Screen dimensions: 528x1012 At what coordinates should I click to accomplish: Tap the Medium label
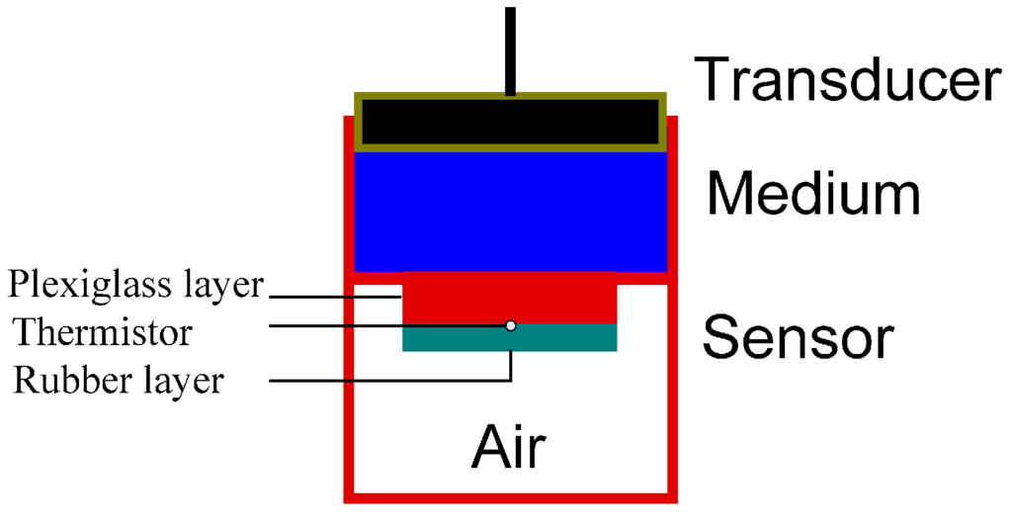click(812, 195)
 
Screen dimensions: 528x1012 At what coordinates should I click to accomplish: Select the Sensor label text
click(798, 338)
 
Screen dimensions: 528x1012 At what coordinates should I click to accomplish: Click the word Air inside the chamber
click(508, 447)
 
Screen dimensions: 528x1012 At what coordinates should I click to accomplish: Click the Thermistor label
click(102, 332)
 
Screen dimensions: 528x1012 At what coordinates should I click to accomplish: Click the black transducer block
click(509, 122)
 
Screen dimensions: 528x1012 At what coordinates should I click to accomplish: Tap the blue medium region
click(509, 210)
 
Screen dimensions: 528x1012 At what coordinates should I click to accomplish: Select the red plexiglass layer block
click(509, 298)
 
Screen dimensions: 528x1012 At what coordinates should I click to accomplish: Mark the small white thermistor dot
click(510, 325)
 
